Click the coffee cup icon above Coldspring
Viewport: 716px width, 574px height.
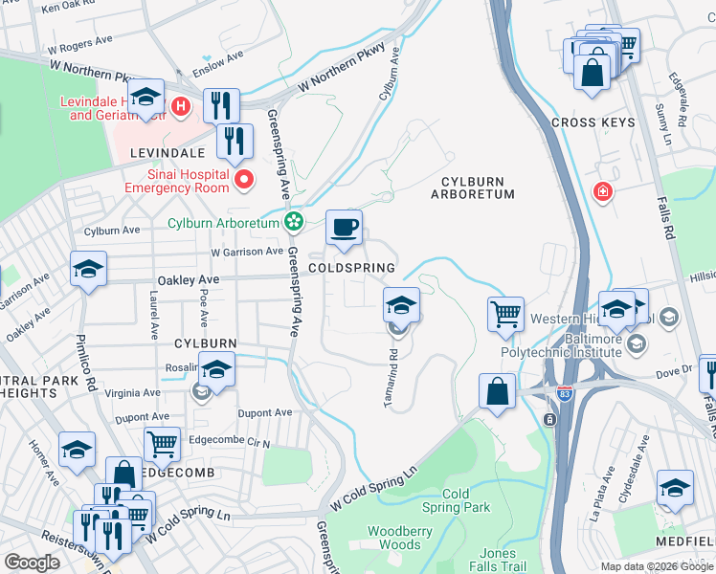(345, 228)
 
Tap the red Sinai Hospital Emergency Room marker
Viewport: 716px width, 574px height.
(244, 179)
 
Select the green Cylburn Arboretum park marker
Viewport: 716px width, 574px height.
(294, 223)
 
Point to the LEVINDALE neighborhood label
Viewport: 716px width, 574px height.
(163, 152)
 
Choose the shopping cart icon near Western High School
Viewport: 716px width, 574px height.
(505, 314)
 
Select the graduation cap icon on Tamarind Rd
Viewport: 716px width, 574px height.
(402, 306)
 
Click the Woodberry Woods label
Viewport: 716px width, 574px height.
(394, 537)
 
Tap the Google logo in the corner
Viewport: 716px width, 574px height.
(32, 562)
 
